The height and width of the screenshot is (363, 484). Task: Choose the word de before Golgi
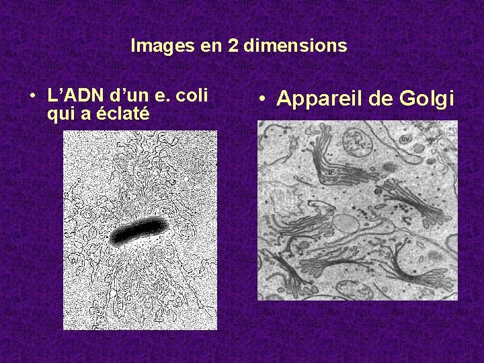(x=380, y=99)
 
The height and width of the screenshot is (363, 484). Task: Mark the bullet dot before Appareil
(x=265, y=100)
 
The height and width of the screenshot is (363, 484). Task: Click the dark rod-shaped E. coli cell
(x=139, y=231)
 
